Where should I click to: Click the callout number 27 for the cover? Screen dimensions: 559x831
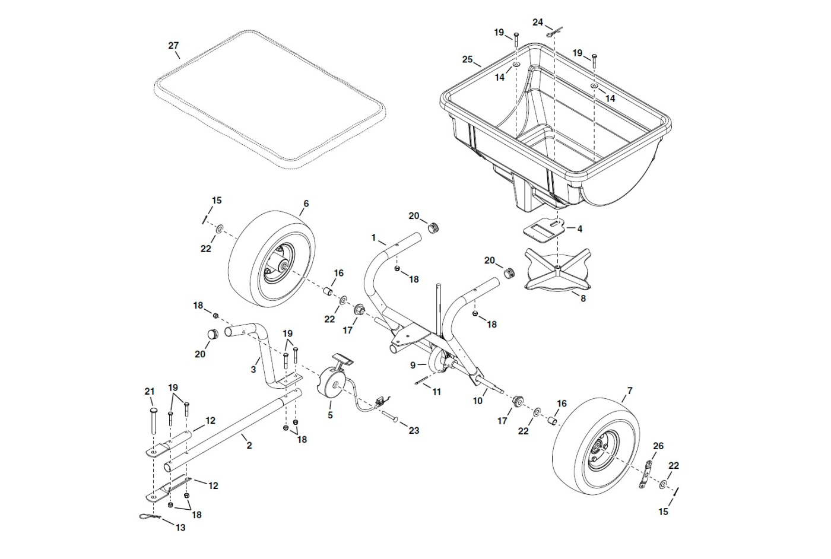173,46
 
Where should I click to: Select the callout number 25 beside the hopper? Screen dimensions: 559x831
468,59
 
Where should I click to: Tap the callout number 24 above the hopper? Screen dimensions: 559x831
538,23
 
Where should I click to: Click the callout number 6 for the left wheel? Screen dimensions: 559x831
306,204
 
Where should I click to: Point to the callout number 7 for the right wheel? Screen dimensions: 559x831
630,391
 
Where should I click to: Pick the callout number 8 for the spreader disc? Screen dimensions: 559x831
583,298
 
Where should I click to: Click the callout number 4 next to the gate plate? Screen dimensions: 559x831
580,228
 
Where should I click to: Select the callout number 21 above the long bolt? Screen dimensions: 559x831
150,392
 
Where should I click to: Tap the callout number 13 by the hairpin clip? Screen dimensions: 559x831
180,527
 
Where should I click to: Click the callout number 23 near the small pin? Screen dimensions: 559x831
414,430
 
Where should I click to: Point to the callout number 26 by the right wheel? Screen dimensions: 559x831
658,446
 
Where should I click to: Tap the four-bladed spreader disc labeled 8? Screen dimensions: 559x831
557,270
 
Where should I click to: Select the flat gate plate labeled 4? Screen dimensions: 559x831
543,230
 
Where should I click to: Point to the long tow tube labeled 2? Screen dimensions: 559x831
231,427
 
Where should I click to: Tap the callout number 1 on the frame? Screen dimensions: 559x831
374,237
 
